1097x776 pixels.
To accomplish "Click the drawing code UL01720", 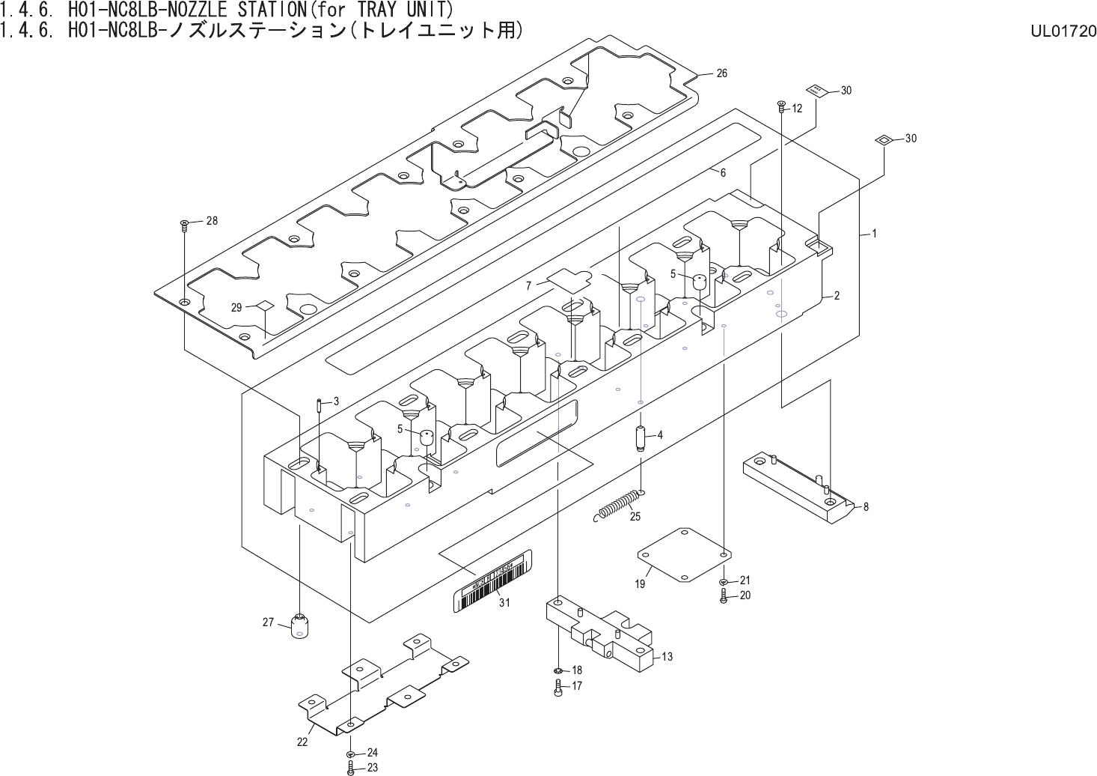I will [1063, 31].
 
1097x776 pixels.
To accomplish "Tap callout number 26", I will [721, 73].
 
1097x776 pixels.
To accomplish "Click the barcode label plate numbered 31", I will [494, 582].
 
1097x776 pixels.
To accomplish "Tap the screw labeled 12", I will [780, 106].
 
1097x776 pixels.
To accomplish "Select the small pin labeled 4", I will [641, 437].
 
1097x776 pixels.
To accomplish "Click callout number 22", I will [302, 742].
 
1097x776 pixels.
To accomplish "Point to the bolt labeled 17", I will [558, 686].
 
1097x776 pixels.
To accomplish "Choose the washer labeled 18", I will [559, 670].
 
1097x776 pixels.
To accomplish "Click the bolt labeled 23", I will [351, 768].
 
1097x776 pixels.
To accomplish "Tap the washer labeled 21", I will [724, 581].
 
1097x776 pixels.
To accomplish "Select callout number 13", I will [667, 656].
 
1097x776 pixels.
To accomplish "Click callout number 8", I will [866, 506].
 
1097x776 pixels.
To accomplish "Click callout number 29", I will [236, 307].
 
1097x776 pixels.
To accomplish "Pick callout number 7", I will [528, 285].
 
